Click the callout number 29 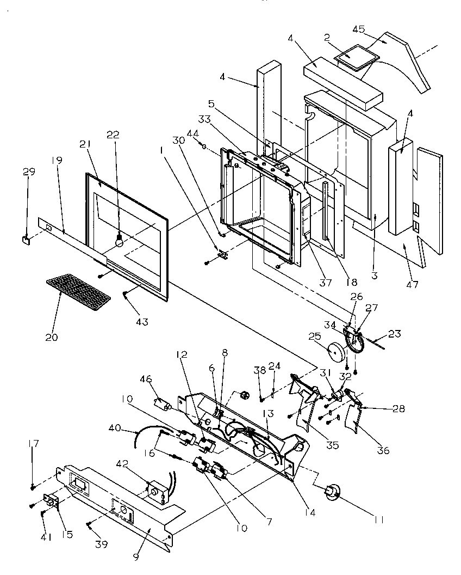[x=29, y=172]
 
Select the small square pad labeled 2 [x=354, y=55]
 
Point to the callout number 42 [x=123, y=464]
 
